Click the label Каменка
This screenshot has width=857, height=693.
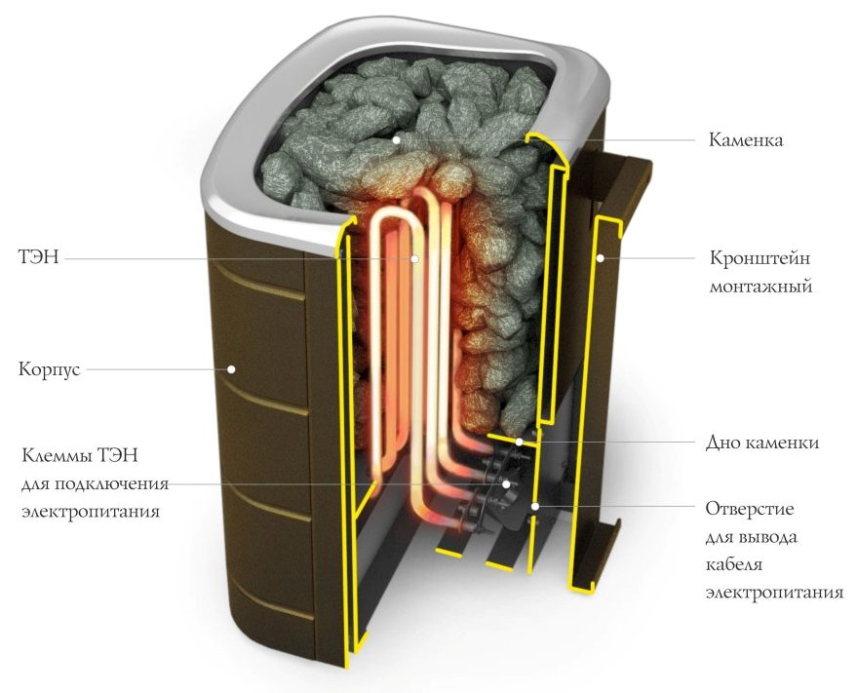(x=746, y=140)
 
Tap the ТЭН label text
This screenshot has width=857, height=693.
(x=38, y=257)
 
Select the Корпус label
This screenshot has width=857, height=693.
(x=49, y=369)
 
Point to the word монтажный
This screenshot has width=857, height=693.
(x=760, y=286)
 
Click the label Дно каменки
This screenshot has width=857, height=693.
(x=762, y=443)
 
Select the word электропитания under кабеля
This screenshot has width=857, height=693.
(x=774, y=593)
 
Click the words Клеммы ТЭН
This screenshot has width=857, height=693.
(x=80, y=455)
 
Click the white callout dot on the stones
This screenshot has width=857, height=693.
(x=396, y=140)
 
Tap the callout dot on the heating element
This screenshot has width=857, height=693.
(x=414, y=258)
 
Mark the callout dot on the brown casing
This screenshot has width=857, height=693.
(x=231, y=369)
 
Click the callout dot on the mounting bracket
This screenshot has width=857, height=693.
(x=600, y=258)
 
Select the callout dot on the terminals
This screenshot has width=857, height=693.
(x=507, y=483)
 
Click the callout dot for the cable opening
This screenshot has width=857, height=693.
(x=536, y=506)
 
